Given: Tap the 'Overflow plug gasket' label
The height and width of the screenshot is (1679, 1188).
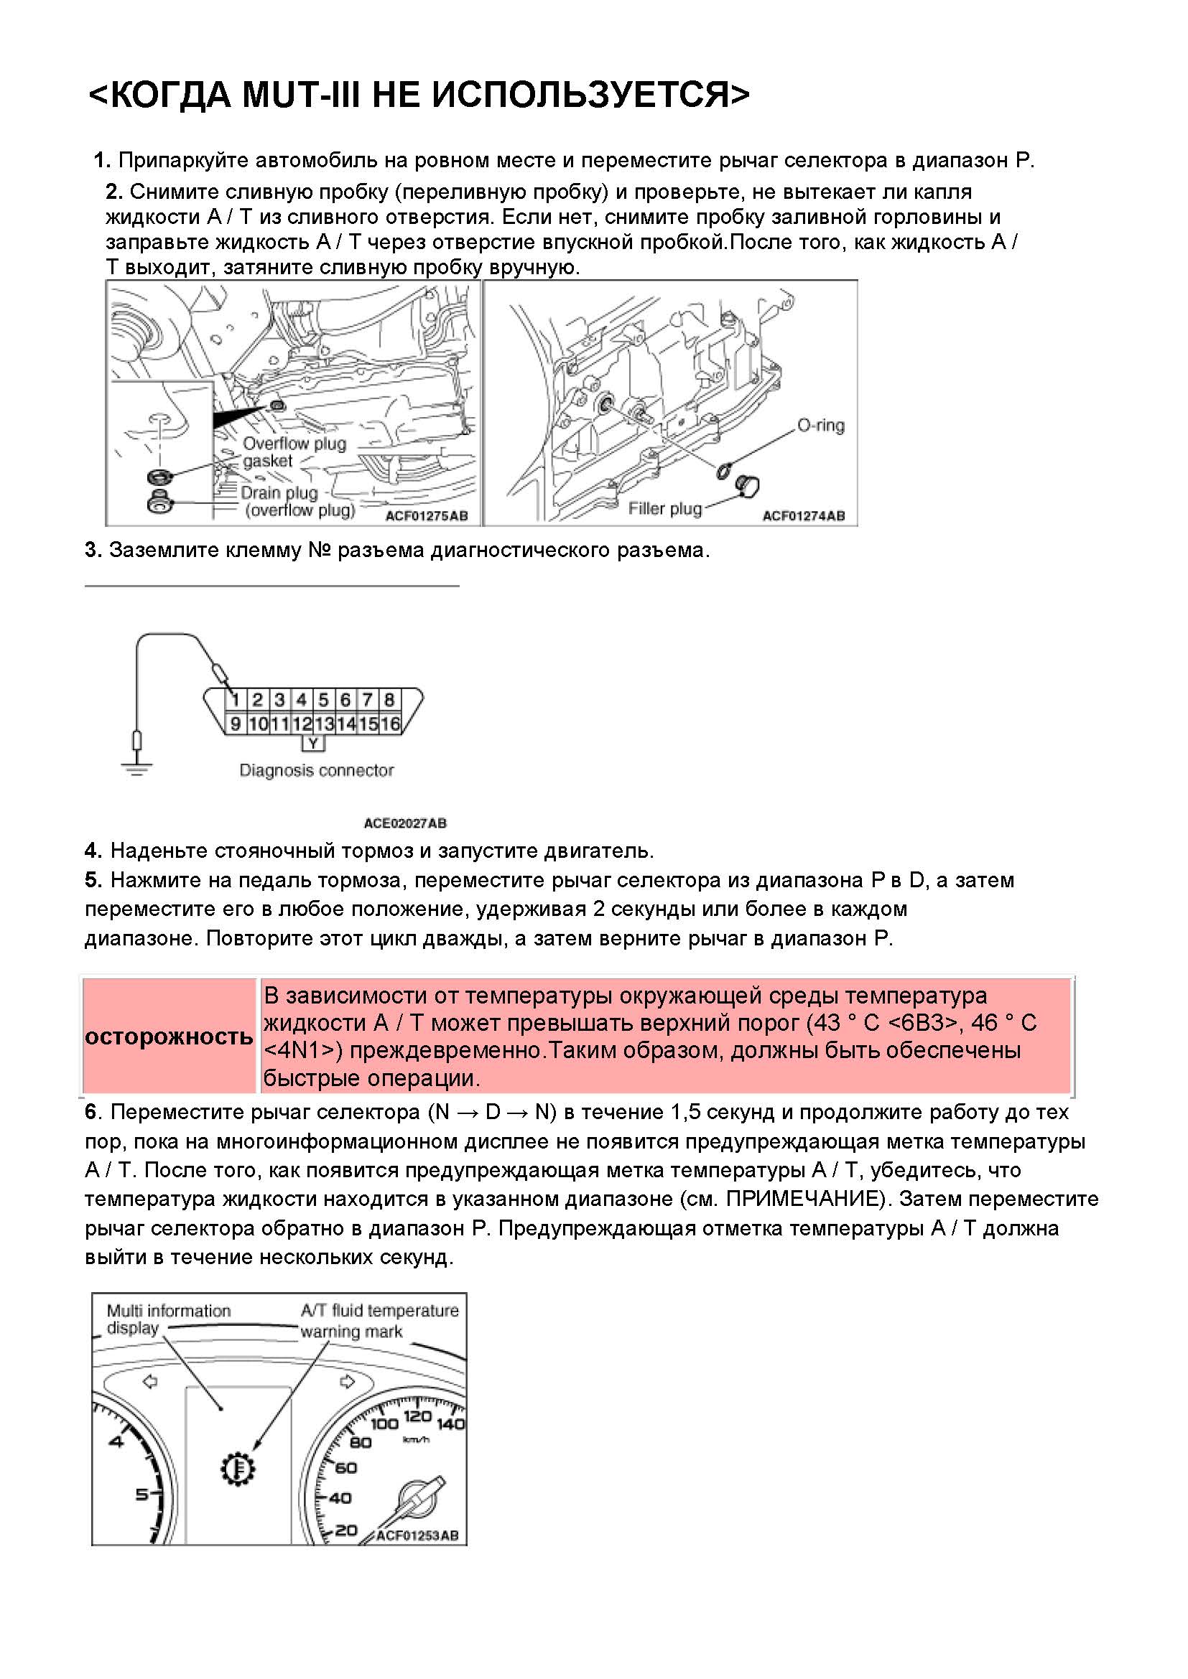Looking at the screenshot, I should (x=293, y=452).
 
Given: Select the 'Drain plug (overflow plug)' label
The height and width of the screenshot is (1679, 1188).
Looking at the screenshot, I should (x=298, y=502).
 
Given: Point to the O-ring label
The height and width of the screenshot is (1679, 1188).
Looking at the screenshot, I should (x=820, y=426).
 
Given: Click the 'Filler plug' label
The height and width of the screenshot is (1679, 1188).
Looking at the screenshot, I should (x=664, y=508).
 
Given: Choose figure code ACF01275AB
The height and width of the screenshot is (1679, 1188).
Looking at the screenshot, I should (x=426, y=515).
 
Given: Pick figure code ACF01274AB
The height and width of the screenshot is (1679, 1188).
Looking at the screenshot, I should (x=803, y=515).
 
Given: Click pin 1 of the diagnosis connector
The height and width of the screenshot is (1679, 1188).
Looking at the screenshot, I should (x=236, y=700).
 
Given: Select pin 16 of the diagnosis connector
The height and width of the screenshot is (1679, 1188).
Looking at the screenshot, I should (x=391, y=724).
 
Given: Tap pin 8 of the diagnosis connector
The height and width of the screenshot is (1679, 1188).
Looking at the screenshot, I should (x=390, y=700).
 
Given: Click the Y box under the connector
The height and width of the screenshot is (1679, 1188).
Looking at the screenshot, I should (x=313, y=744).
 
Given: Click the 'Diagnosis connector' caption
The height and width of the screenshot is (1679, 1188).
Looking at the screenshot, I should (x=316, y=770).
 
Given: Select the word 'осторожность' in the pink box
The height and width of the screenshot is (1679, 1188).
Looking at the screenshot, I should (x=169, y=1037).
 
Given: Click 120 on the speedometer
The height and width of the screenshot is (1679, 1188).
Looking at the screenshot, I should (x=417, y=1417).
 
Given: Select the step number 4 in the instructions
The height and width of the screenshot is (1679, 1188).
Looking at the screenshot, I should (x=92, y=851).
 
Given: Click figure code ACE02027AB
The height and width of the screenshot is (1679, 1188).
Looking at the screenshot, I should (x=404, y=823).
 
